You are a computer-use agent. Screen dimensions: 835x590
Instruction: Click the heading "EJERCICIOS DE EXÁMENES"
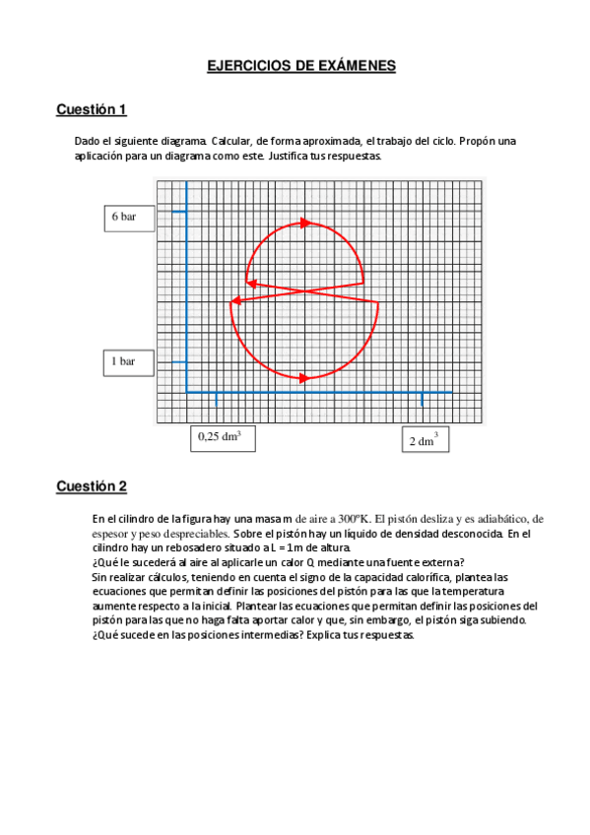[x=300, y=66]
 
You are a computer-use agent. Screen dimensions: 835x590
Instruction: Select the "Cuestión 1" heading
[x=92, y=109]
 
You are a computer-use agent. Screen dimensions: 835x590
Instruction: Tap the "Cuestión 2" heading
[x=92, y=486]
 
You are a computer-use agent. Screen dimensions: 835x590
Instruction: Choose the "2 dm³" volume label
[x=424, y=440]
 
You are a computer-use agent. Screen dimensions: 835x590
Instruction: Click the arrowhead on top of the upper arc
[x=305, y=224]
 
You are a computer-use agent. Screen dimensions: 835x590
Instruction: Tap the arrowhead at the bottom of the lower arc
[x=304, y=377]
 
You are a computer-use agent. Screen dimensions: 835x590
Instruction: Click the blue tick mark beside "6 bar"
[x=179, y=211]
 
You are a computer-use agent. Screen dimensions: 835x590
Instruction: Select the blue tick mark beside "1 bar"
[x=179, y=361]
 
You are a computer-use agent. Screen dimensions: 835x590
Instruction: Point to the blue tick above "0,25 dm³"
[x=216, y=400]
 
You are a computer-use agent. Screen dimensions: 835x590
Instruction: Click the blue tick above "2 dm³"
[x=422, y=400]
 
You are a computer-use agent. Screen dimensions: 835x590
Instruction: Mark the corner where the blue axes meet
[x=187, y=392]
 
